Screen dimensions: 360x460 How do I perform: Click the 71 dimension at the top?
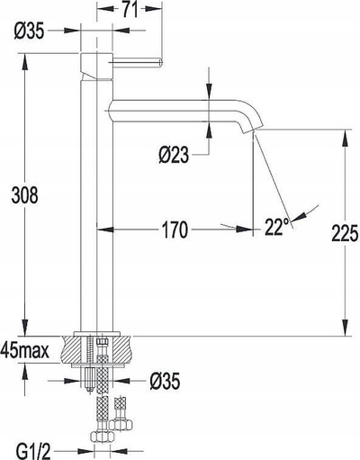[x=130, y=9]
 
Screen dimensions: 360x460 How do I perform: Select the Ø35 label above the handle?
[x=29, y=31]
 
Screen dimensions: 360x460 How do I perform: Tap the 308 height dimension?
[x=24, y=195]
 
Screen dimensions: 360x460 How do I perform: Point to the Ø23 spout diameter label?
[x=174, y=156]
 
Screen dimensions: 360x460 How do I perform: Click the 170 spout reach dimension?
[x=175, y=230]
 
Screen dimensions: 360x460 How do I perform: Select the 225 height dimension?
[x=345, y=233]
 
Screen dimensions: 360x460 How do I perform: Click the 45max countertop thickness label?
[x=25, y=350]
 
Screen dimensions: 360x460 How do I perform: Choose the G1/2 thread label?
[x=33, y=452]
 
